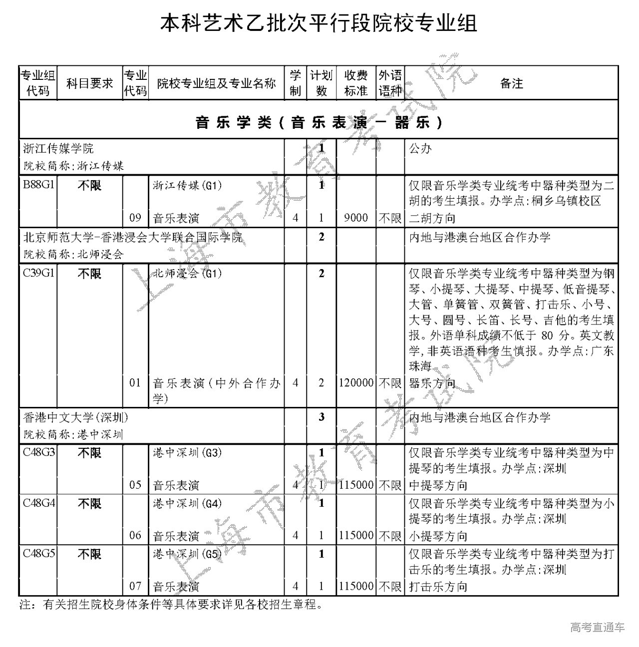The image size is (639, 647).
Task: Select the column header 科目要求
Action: [x=90, y=83]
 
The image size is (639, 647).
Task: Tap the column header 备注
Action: [x=511, y=83]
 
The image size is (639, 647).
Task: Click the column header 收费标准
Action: [x=356, y=83]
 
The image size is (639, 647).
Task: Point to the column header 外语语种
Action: [x=390, y=83]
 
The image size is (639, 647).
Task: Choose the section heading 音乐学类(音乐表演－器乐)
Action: [x=319, y=122]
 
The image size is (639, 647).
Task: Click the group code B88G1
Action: [x=38, y=185]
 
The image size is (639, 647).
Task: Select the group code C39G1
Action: [x=38, y=273]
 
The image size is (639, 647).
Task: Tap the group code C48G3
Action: [x=38, y=453]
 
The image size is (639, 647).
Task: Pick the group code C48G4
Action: [x=38, y=503]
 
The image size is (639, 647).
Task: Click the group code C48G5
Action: [x=38, y=554]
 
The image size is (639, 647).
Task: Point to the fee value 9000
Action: [x=356, y=218]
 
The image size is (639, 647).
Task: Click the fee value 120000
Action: [x=356, y=383]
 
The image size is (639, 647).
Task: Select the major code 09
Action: [x=135, y=218]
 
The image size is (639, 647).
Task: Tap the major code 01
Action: [x=135, y=383]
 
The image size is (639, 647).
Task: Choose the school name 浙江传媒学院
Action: [x=58, y=148]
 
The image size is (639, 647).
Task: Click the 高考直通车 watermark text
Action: [x=597, y=627]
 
